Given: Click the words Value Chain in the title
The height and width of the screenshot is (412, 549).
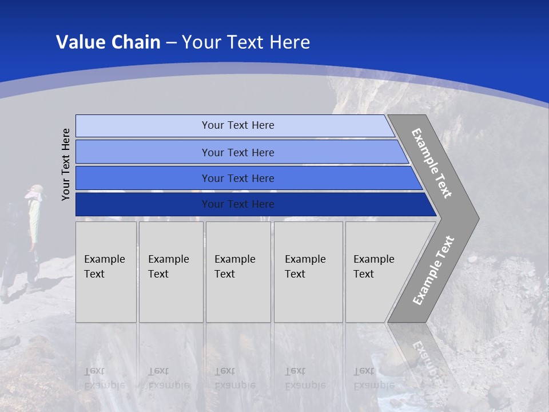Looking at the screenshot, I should (108, 42).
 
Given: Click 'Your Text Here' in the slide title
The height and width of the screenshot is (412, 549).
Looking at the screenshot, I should (246, 42).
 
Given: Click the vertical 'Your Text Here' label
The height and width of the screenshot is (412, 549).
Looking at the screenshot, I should (66, 164).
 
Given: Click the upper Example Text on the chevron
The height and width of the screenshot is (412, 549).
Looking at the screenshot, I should (432, 163).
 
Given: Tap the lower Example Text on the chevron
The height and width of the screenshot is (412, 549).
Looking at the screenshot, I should (433, 271).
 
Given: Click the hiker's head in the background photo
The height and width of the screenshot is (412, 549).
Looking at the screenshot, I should (35, 192).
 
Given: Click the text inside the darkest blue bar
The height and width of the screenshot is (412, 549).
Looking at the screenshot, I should (238, 204).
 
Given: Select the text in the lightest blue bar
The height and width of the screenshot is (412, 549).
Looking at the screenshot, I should (238, 125).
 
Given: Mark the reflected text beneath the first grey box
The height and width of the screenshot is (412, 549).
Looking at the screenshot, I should (104, 378).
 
